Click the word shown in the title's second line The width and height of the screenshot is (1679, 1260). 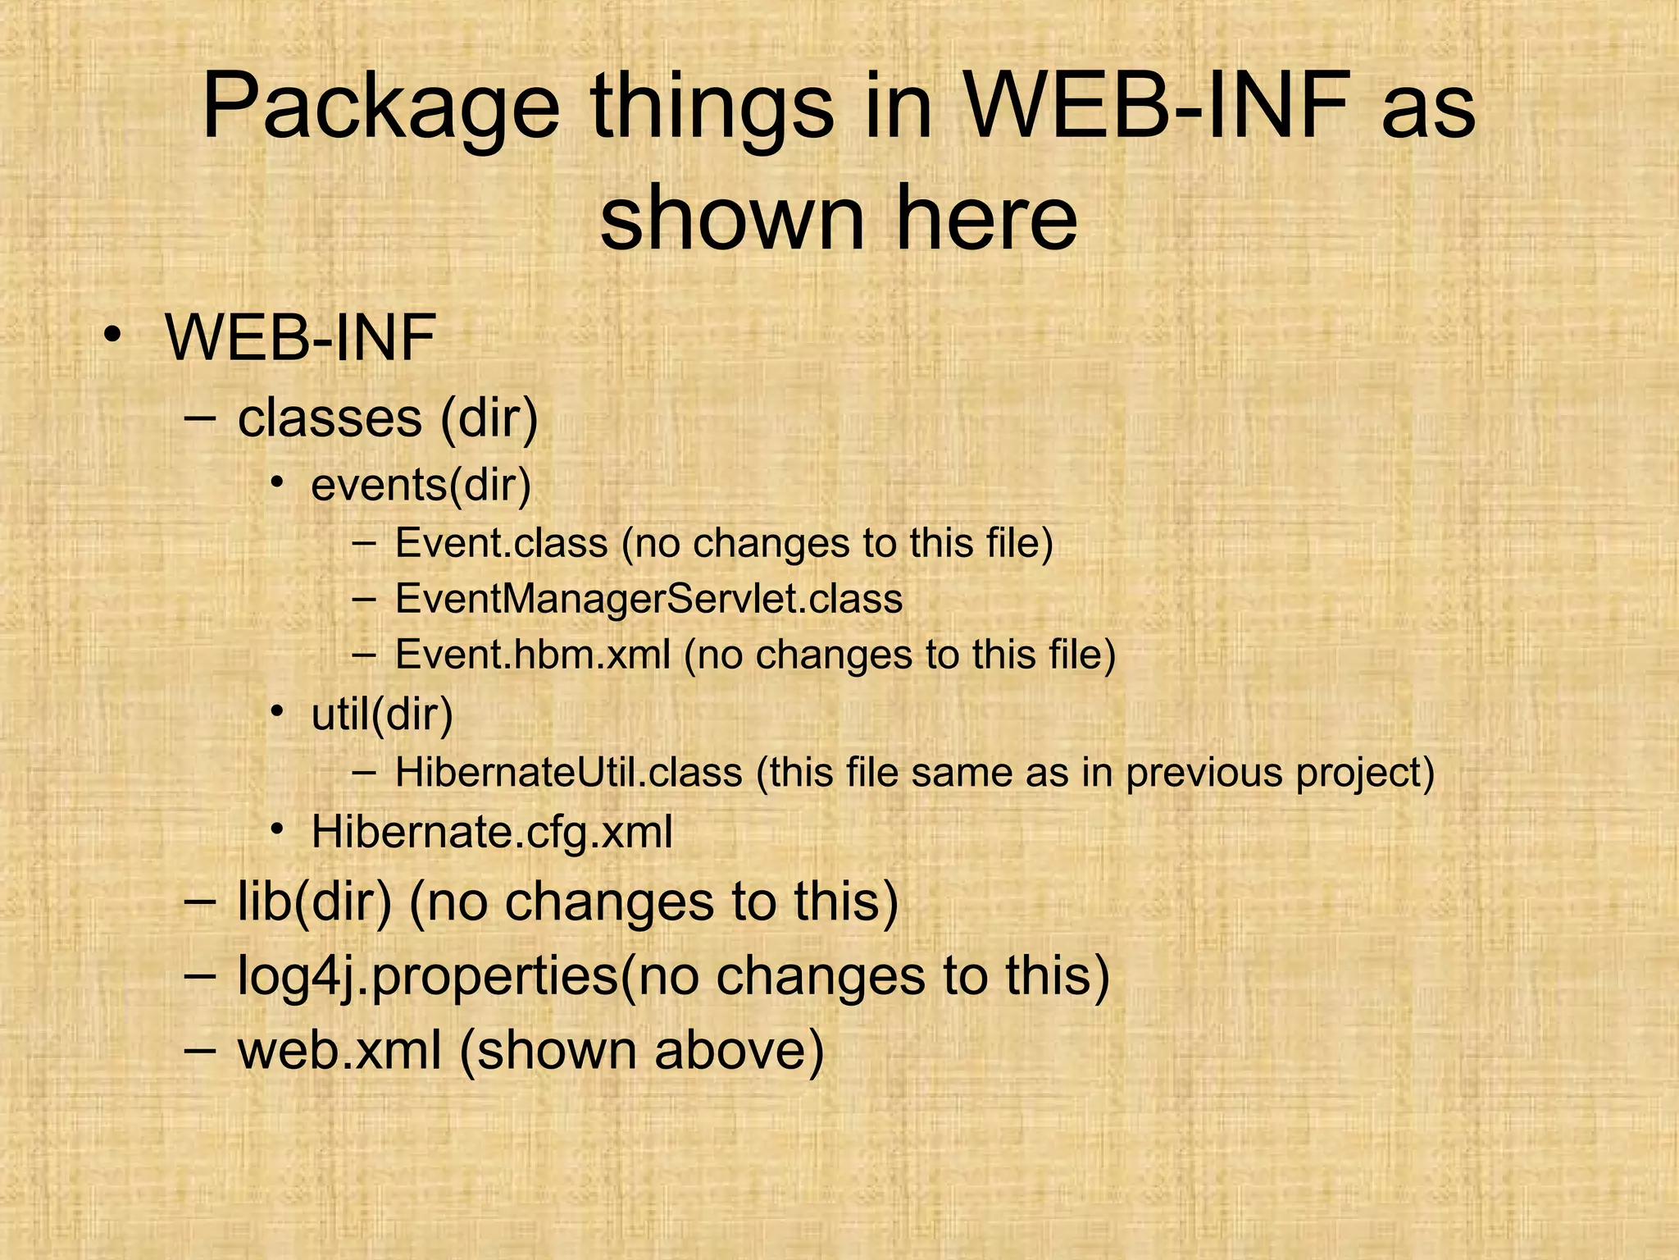732,218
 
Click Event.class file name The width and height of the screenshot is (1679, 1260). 501,543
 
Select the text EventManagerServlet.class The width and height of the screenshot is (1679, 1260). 648,599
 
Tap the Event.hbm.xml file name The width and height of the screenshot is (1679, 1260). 533,655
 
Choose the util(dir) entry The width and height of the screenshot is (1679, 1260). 382,714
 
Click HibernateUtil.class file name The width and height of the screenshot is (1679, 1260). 568,773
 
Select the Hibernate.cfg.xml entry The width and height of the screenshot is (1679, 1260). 492,832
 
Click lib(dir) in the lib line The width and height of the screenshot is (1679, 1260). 315,901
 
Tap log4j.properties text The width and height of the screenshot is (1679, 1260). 427,975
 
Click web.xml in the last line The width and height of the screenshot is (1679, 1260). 339,1050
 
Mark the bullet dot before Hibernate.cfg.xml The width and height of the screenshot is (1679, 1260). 279,830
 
